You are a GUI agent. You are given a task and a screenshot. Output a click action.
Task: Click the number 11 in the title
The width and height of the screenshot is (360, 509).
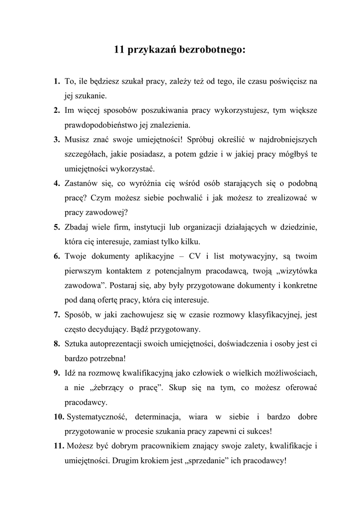[119, 50]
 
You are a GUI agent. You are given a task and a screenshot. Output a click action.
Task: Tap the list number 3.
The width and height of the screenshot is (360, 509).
[57, 139]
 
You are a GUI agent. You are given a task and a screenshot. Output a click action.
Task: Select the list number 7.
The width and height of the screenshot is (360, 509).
[57, 314]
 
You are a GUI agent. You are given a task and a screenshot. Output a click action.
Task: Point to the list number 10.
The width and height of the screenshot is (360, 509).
[59, 416]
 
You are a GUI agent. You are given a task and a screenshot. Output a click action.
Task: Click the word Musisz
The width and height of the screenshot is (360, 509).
[78, 139]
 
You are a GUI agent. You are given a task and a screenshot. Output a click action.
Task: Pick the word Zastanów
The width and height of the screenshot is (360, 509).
[83, 183]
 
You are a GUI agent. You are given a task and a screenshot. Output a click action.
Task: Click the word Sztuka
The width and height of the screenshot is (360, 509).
[76, 343]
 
